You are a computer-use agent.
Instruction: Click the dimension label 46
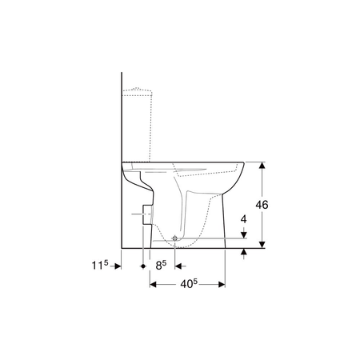pyautogui.click(x=262, y=205)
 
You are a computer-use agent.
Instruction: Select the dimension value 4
pyautogui.click(x=243, y=219)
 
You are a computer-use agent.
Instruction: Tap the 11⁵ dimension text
pyautogui.click(x=100, y=265)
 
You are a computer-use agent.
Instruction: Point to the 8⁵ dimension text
pyautogui.click(x=161, y=265)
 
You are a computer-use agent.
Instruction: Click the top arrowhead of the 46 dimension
pyautogui.click(x=262, y=165)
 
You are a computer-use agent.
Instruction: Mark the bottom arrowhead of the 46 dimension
pyautogui.click(x=262, y=245)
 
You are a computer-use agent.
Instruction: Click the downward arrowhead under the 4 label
pyautogui.click(x=244, y=234)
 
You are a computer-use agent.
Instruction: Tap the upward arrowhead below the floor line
pyautogui.click(x=244, y=252)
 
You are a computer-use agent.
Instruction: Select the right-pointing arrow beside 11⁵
pyautogui.click(x=118, y=266)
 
